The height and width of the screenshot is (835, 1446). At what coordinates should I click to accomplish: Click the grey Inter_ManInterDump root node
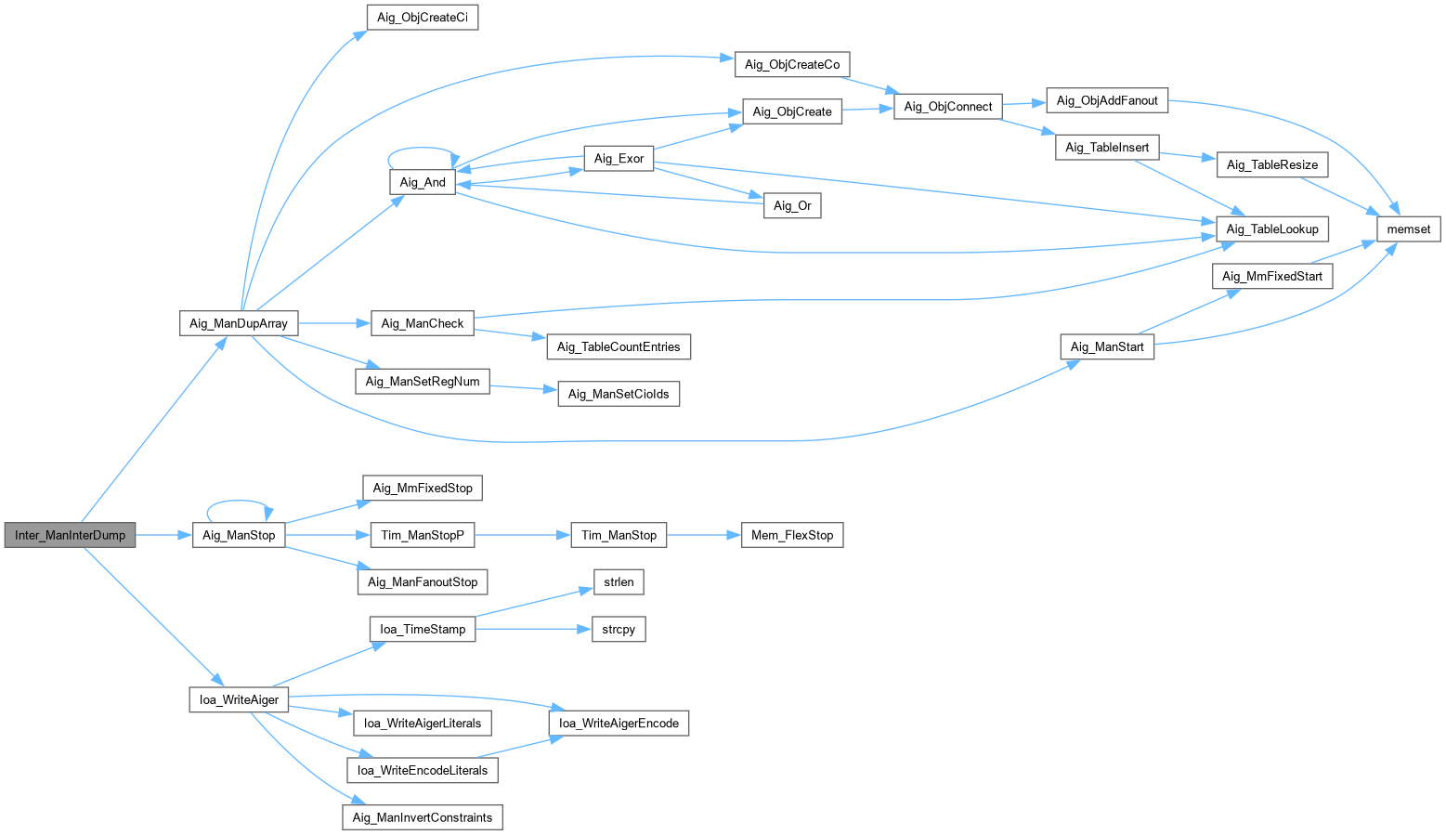click(x=70, y=535)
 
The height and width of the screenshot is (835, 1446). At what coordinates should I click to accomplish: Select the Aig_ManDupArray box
click(x=238, y=323)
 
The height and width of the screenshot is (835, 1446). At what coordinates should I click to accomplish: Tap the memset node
click(x=1408, y=229)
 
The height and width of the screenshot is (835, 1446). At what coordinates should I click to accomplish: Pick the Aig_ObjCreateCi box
click(x=423, y=18)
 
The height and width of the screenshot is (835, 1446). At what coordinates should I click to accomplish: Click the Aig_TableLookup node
click(x=1271, y=229)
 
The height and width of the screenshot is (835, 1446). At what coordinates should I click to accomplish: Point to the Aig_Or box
click(x=792, y=205)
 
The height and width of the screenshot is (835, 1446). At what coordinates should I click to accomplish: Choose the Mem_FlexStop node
click(x=792, y=535)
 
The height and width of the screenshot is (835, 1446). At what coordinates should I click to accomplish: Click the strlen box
click(x=619, y=581)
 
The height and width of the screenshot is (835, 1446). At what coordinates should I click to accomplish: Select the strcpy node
click(x=619, y=629)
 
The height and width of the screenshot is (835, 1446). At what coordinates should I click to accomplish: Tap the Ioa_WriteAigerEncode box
click(x=619, y=723)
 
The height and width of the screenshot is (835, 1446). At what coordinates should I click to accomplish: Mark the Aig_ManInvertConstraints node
click(x=423, y=817)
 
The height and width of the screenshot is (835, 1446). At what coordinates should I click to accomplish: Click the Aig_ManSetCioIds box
click(x=619, y=393)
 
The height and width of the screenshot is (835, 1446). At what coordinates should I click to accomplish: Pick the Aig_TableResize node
click(x=1271, y=164)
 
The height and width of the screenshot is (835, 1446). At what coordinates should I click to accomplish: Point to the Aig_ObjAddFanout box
click(x=1107, y=100)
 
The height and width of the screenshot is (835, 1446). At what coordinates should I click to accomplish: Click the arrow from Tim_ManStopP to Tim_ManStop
click(x=522, y=535)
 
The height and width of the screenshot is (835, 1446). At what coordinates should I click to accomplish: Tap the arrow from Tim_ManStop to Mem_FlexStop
click(x=704, y=535)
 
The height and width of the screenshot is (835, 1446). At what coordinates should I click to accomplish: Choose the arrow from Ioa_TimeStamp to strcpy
click(x=533, y=629)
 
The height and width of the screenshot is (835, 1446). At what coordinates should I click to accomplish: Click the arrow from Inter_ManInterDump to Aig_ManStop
click(x=164, y=535)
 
